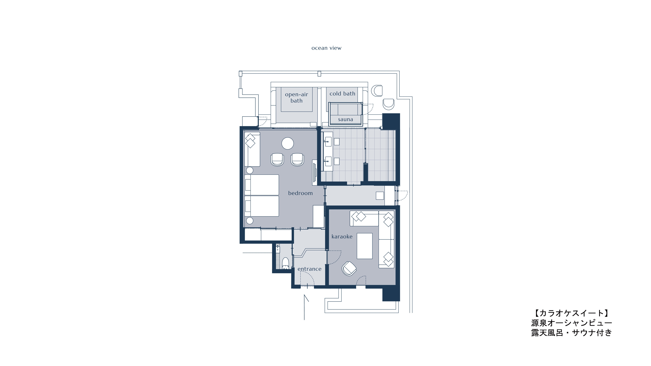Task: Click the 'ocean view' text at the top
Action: tap(326, 48)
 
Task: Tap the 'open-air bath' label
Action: tap(296, 97)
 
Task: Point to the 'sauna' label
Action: tap(345, 120)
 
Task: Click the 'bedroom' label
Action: tap(300, 193)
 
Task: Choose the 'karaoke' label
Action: tap(342, 237)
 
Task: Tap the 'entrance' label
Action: tap(310, 269)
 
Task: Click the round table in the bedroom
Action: tap(288, 143)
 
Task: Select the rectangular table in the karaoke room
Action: tap(364, 246)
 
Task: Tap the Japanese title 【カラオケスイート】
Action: tap(571, 313)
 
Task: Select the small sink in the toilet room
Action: tap(278, 249)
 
